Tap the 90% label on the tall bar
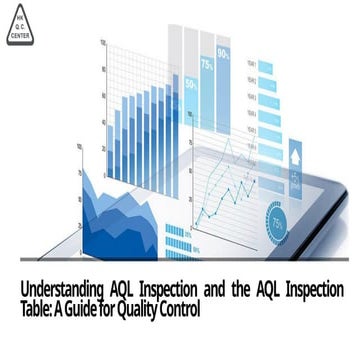tap(223, 52)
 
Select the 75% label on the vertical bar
tap(206, 63)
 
